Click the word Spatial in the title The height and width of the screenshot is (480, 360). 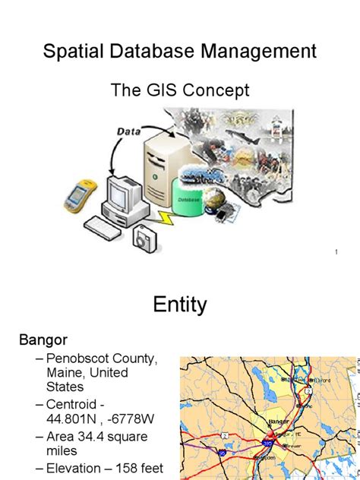[x=70, y=52]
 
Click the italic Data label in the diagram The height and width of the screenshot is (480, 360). [x=128, y=131]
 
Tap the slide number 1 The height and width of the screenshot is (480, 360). [x=335, y=251]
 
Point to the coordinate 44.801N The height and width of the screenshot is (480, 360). [x=77, y=418]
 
